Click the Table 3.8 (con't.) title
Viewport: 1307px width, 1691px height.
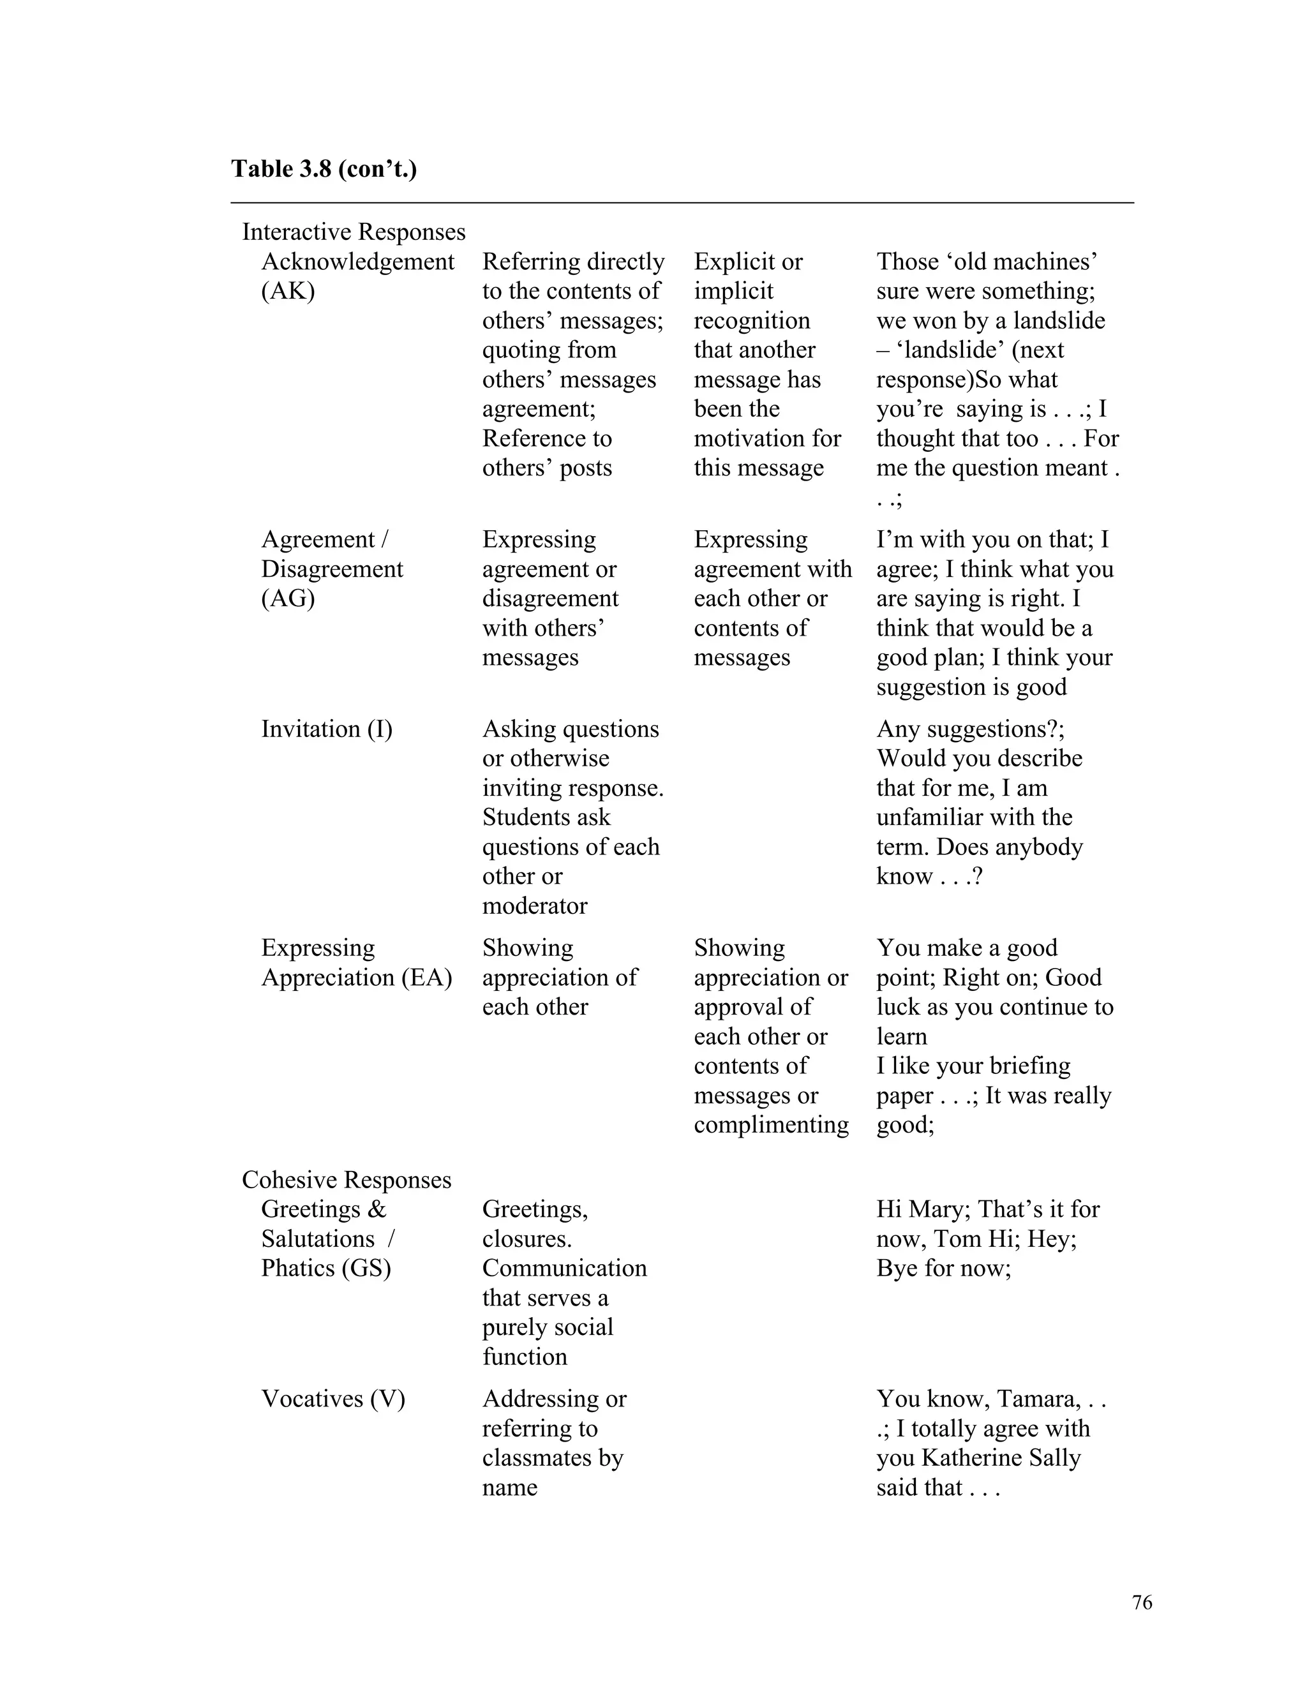324,169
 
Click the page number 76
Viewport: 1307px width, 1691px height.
1141,1602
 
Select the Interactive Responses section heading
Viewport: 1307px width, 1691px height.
353,232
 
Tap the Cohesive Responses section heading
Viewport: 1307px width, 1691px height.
346,1179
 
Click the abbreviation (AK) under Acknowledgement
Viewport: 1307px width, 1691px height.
287,291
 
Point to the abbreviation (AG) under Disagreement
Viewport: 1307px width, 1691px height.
287,599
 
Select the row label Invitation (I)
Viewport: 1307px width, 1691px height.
326,729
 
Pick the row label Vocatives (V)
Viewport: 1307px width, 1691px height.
333,1398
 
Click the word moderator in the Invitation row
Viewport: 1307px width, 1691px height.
534,905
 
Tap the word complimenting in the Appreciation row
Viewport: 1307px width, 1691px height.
770,1124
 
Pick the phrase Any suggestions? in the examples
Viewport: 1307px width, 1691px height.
969,729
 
